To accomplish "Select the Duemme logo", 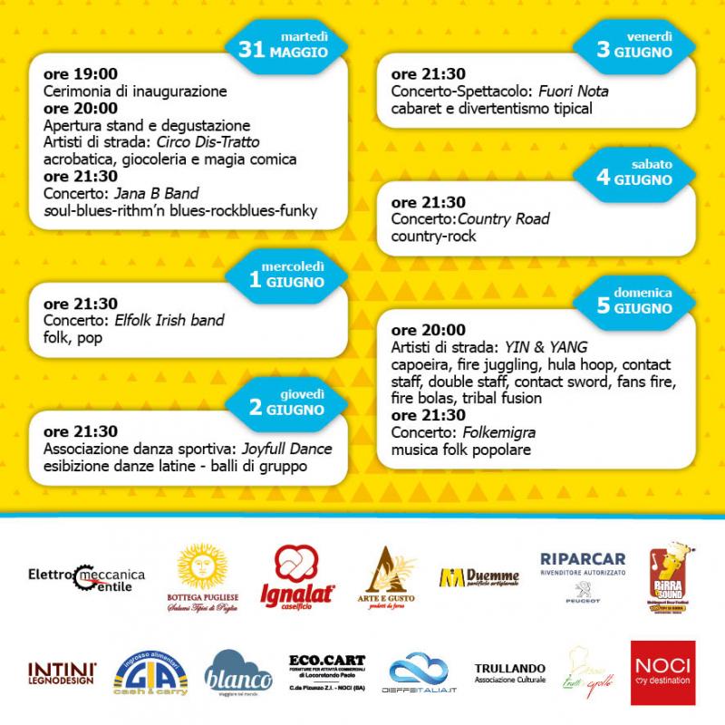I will (x=479, y=577).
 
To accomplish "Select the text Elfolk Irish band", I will (x=169, y=320).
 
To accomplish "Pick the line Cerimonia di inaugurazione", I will (x=135, y=91).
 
